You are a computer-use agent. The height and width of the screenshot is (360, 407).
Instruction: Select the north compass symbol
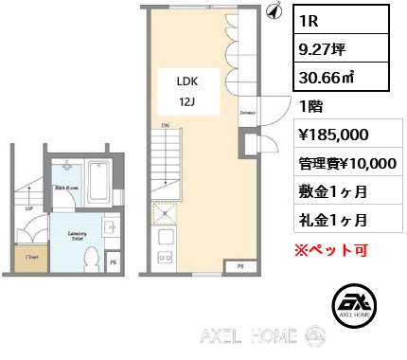[274, 10]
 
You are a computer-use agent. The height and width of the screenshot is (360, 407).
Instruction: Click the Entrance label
[248, 114]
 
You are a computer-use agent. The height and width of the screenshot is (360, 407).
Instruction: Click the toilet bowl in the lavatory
[92, 257]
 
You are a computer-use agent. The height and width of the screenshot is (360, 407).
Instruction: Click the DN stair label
[165, 126]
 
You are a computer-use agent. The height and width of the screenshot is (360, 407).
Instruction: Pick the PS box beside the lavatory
[114, 262]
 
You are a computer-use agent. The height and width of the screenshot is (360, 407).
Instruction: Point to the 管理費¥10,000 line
[346, 162]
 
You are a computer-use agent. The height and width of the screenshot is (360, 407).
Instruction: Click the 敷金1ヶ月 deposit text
[333, 191]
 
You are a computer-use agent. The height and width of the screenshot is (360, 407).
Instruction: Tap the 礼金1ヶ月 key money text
[333, 220]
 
